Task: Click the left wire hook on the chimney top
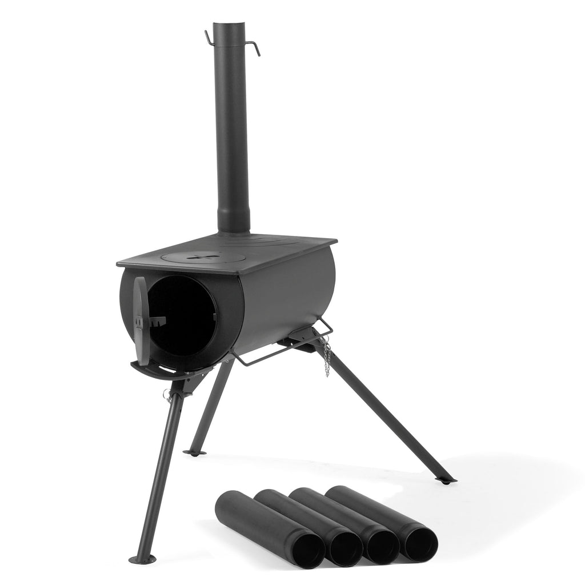[x=209, y=37]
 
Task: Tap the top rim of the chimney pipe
[x=231, y=24]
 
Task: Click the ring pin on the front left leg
[x=167, y=394]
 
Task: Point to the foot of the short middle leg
[x=196, y=453]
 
